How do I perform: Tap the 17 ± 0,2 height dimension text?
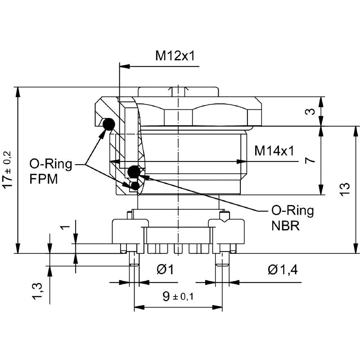click(x=8, y=169)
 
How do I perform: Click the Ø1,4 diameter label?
click(x=282, y=270)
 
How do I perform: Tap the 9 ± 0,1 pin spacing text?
click(x=178, y=296)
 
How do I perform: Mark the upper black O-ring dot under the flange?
click(x=109, y=124)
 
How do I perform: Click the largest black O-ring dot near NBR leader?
click(x=133, y=171)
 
